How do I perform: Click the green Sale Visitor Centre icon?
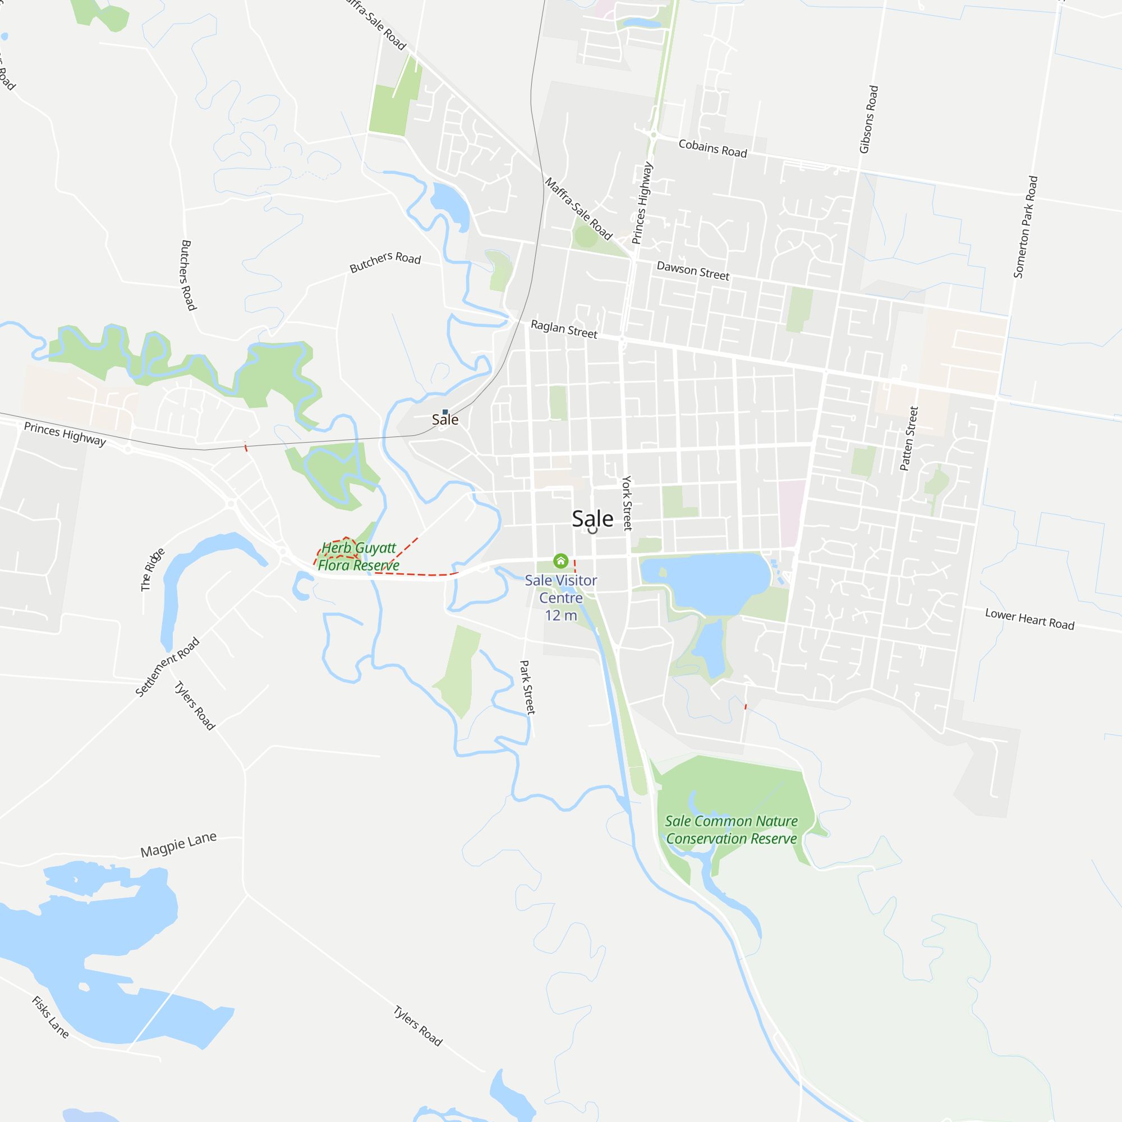[560, 560]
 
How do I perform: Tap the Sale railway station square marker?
[445, 412]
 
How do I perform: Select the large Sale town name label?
[592, 518]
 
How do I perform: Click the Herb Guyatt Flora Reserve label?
[358, 557]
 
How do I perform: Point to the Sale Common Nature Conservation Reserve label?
[731, 830]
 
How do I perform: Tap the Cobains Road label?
[712, 149]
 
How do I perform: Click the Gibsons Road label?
[869, 119]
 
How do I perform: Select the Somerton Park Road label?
[1026, 227]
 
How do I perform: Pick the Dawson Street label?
[693, 270]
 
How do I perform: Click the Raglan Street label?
[564, 329]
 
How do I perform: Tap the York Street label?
[627, 503]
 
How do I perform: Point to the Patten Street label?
[909, 439]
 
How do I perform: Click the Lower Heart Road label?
[1029, 619]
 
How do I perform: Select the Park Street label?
[527, 687]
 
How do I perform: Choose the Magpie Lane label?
[179, 844]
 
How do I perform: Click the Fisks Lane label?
[50, 1017]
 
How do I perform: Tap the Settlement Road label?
[167, 666]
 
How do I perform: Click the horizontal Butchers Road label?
[385, 261]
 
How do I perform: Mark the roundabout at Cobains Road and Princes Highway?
[654, 135]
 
